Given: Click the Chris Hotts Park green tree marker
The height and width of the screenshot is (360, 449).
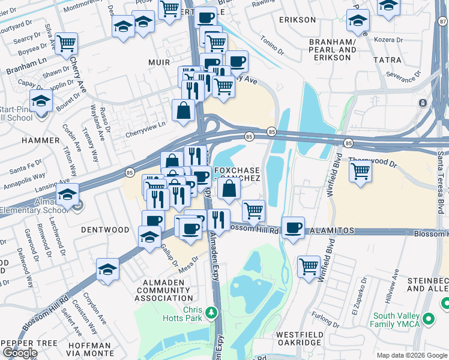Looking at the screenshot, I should (x=211, y=313).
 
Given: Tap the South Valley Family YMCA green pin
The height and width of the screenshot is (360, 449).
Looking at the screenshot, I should (x=428, y=317).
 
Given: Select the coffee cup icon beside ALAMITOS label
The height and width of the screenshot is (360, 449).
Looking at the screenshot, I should (x=293, y=228).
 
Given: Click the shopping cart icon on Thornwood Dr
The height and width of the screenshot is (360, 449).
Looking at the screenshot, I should (x=360, y=170).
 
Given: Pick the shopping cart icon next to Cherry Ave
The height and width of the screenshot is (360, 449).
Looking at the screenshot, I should (x=66, y=43).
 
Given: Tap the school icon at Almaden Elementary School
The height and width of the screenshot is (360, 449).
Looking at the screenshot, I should (x=67, y=194).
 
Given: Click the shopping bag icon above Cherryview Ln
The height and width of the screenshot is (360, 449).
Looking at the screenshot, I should (x=183, y=110).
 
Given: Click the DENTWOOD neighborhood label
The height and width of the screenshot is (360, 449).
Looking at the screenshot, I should (x=105, y=230).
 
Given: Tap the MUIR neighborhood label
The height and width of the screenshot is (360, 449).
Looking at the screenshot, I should (x=158, y=62).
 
